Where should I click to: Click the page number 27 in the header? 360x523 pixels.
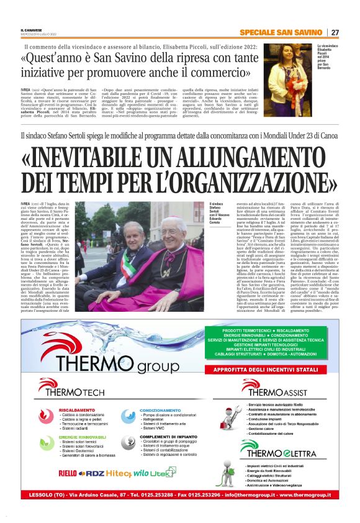(x=335, y=32)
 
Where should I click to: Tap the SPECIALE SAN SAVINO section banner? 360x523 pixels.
(x=283, y=32)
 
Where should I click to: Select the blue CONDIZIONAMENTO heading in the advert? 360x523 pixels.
(x=165, y=411)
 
